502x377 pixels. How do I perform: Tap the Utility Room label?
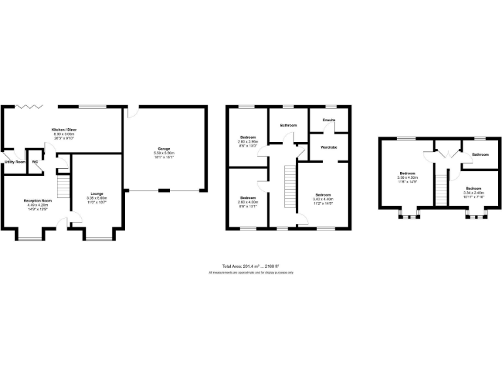tap(14, 162)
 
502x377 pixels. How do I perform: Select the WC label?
tap(35, 162)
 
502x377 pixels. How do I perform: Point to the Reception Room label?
tap(37, 200)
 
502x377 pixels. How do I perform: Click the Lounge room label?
tap(97, 193)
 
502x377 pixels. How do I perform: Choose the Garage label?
tap(164, 149)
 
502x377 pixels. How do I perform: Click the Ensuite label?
tap(329, 120)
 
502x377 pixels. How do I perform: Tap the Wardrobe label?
tap(329, 147)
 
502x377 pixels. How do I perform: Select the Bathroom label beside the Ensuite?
tap(288, 125)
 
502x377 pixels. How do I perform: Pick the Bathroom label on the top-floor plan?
tap(480, 154)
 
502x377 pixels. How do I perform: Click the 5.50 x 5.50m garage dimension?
tap(164, 153)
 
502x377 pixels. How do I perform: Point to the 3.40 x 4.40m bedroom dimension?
tap(323, 199)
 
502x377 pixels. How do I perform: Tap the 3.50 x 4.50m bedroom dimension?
tap(408, 177)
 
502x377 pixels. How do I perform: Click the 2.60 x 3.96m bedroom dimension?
tap(248, 141)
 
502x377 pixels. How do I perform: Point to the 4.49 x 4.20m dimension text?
tap(37, 205)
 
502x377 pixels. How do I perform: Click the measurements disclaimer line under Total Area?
tap(250, 272)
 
